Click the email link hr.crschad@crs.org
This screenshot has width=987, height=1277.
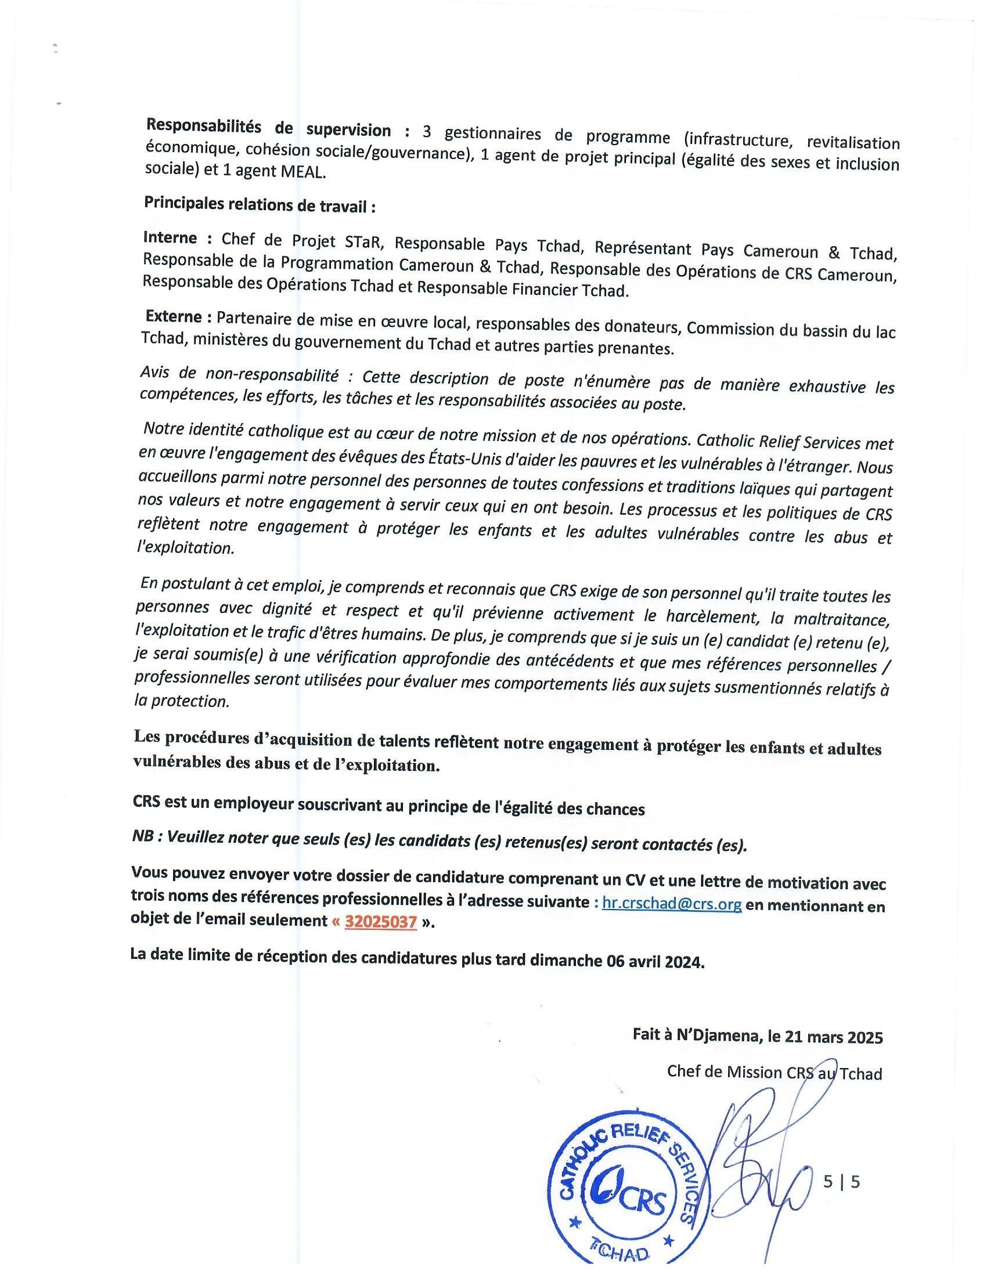(672, 904)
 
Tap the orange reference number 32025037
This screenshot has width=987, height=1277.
(381, 922)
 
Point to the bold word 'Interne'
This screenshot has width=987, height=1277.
(170, 238)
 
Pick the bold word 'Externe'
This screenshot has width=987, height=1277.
(174, 317)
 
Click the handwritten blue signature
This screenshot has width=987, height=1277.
(760, 1146)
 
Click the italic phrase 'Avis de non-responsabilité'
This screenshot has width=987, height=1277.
(240, 374)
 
